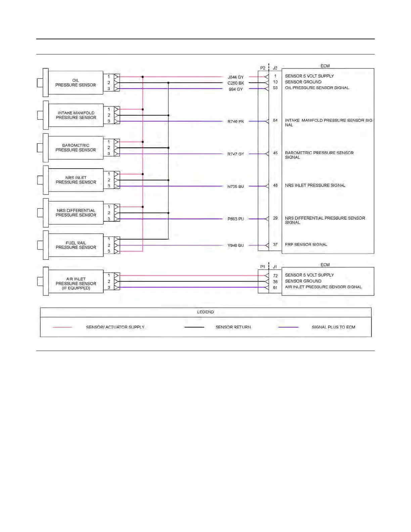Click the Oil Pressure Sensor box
[x=76, y=83]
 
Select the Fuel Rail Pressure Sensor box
[x=76, y=245]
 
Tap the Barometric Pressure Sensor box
[x=76, y=148]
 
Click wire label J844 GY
[x=235, y=77]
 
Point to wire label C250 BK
[x=236, y=83]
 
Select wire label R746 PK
[x=236, y=122]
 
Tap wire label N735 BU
[x=236, y=186]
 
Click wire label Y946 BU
[x=236, y=246]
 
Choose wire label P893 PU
[x=236, y=219]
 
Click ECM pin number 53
[x=275, y=88]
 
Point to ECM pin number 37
[x=275, y=245]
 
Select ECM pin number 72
[x=275, y=276]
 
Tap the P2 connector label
[x=263, y=68]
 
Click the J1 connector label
[x=275, y=267]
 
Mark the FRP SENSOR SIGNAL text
[x=306, y=245]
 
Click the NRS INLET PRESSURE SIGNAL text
[x=315, y=185]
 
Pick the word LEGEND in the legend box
[x=205, y=312]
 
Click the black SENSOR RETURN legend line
[x=194, y=327]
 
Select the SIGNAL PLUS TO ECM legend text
[x=333, y=327]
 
